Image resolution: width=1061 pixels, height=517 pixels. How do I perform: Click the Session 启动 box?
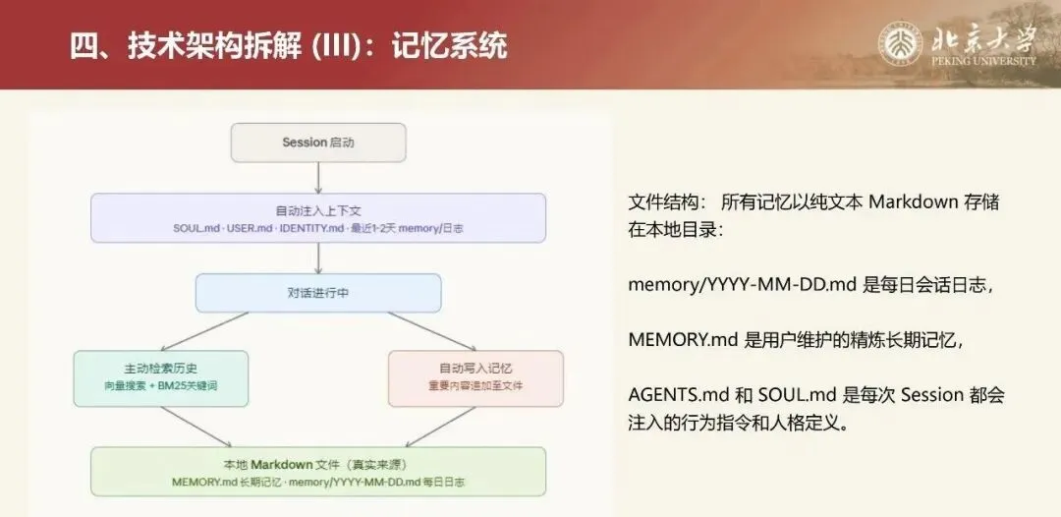(x=318, y=143)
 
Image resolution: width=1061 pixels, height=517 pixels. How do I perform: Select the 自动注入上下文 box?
(x=318, y=217)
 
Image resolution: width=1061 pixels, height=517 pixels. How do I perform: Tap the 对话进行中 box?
(x=318, y=293)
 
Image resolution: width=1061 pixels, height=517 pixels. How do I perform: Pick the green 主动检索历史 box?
(x=160, y=378)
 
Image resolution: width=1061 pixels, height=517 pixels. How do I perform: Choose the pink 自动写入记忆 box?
(x=475, y=378)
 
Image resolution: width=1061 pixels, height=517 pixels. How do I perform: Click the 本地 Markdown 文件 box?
(x=318, y=472)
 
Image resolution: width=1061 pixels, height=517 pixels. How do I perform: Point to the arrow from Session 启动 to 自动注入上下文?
(x=318, y=177)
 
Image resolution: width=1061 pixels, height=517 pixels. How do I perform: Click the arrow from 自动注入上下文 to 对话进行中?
(x=318, y=258)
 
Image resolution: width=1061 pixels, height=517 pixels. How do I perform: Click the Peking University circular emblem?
(x=902, y=45)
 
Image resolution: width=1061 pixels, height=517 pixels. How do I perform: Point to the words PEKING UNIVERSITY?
(x=982, y=61)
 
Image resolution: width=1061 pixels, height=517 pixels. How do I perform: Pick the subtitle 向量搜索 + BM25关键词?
(x=160, y=386)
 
